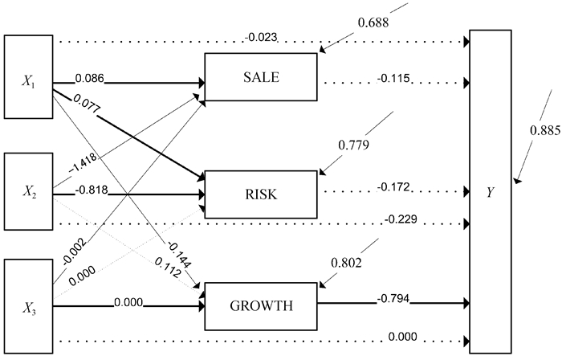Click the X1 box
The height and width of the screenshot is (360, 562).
[x=28, y=80]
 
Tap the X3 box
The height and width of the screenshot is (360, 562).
[x=28, y=306]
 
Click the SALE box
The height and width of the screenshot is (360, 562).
[x=263, y=77]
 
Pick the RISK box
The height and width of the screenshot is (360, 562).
[x=263, y=194]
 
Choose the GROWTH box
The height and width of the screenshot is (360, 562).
[x=263, y=305]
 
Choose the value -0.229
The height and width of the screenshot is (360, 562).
[x=402, y=219]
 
